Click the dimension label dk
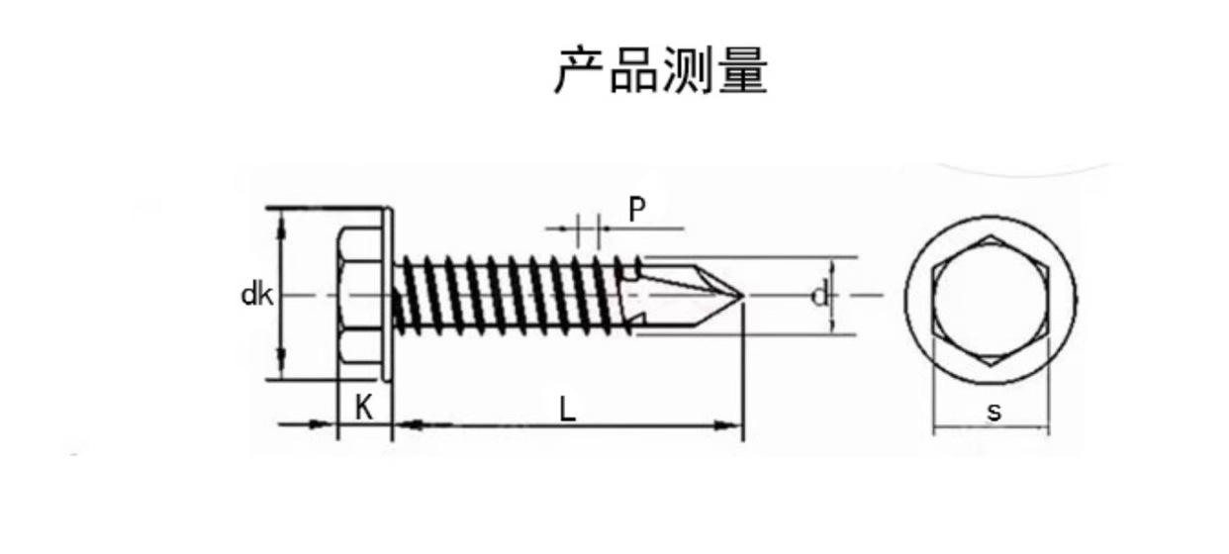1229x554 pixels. [x=255, y=295]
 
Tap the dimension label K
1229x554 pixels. [x=365, y=407]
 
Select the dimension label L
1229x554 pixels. [x=567, y=409]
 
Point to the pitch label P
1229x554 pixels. [x=637, y=209]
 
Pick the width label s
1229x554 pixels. [x=993, y=412]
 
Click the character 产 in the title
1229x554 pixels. [x=579, y=70]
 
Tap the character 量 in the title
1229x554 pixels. [x=744, y=70]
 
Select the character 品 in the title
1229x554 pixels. [x=634, y=70]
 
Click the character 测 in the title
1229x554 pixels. [x=689, y=70]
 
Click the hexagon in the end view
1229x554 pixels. [x=992, y=296]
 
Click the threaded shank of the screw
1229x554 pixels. [x=515, y=294]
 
